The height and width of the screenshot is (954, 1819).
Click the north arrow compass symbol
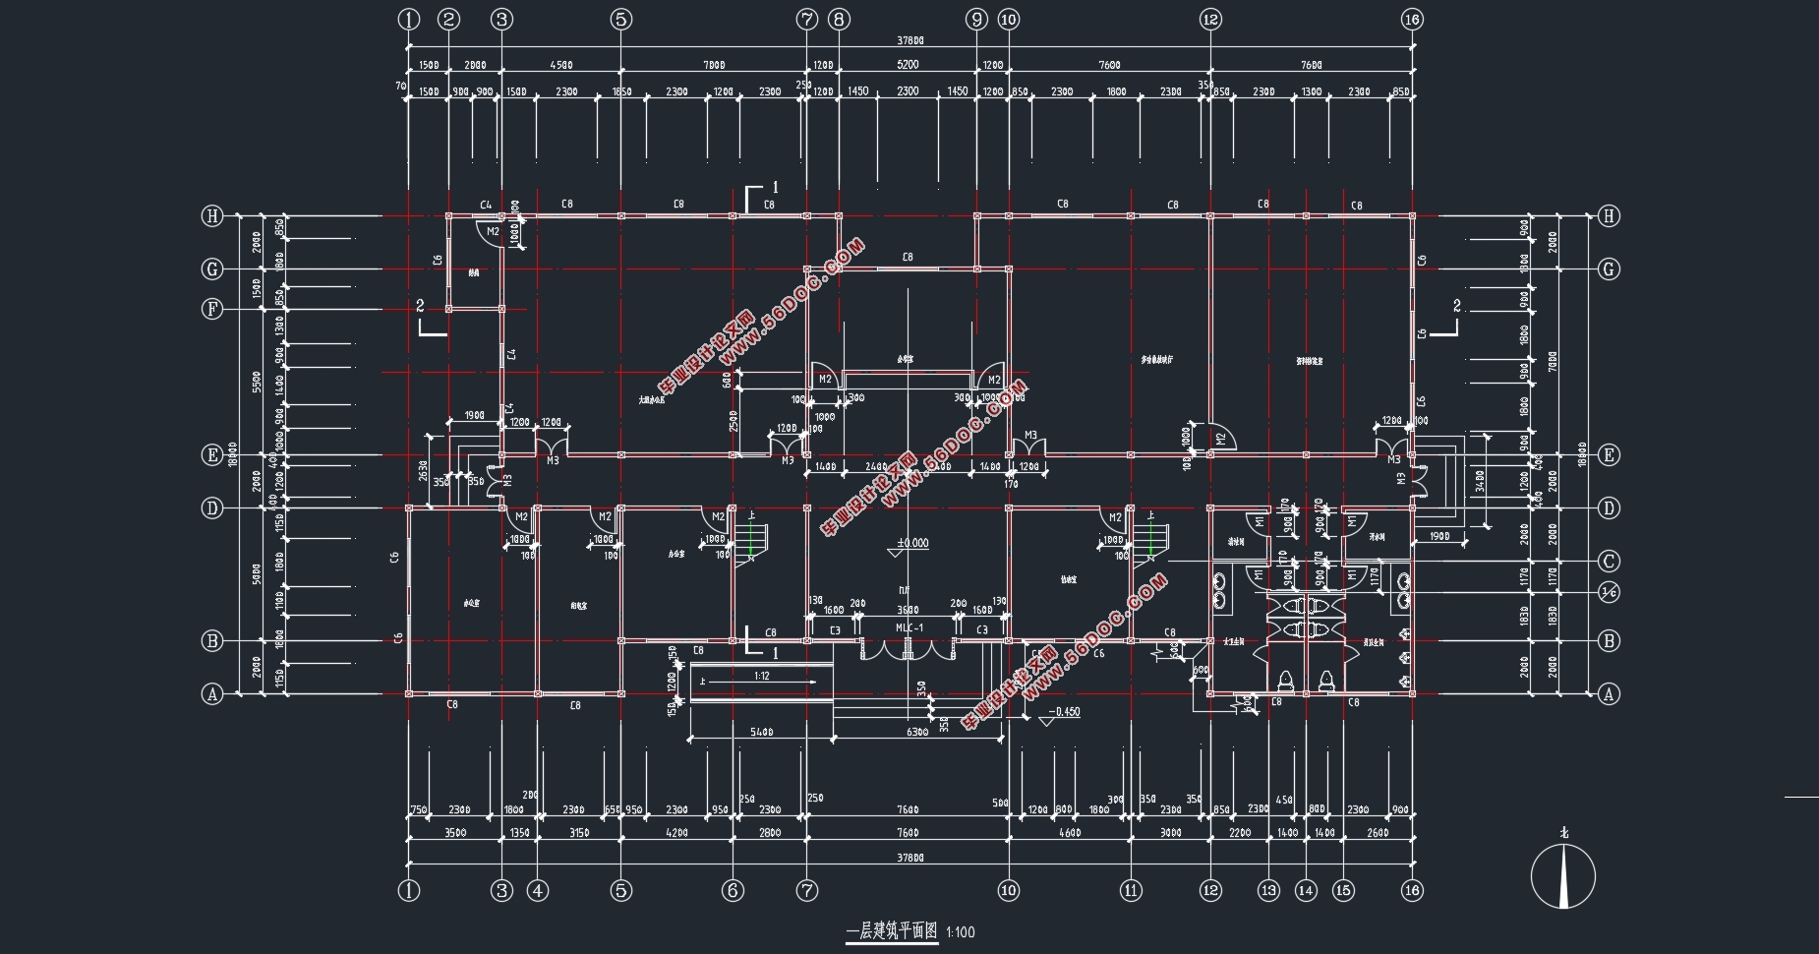point(1562,875)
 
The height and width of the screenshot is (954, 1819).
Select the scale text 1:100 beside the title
point(961,932)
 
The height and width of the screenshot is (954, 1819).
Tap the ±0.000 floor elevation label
point(911,543)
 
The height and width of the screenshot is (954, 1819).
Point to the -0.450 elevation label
point(1064,712)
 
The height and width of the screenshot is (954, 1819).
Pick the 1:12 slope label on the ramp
point(762,676)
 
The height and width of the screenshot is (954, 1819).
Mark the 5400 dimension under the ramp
point(761,732)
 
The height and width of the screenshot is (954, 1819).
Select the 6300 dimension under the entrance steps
point(917,732)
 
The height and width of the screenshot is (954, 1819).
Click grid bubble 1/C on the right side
point(1609,592)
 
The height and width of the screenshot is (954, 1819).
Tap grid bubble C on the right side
point(1609,562)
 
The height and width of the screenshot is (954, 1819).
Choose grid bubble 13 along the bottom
point(1268,891)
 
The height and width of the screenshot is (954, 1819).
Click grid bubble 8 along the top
point(838,19)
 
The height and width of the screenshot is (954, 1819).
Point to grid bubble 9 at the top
point(976,19)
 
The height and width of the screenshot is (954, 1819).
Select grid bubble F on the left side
point(211,309)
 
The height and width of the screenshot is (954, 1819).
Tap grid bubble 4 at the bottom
point(537,891)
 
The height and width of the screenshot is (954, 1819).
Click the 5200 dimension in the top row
point(907,65)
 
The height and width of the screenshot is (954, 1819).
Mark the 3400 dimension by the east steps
point(1479,481)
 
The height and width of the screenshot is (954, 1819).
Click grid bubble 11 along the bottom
point(1132,891)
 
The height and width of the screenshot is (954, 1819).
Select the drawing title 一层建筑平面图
point(892,932)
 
